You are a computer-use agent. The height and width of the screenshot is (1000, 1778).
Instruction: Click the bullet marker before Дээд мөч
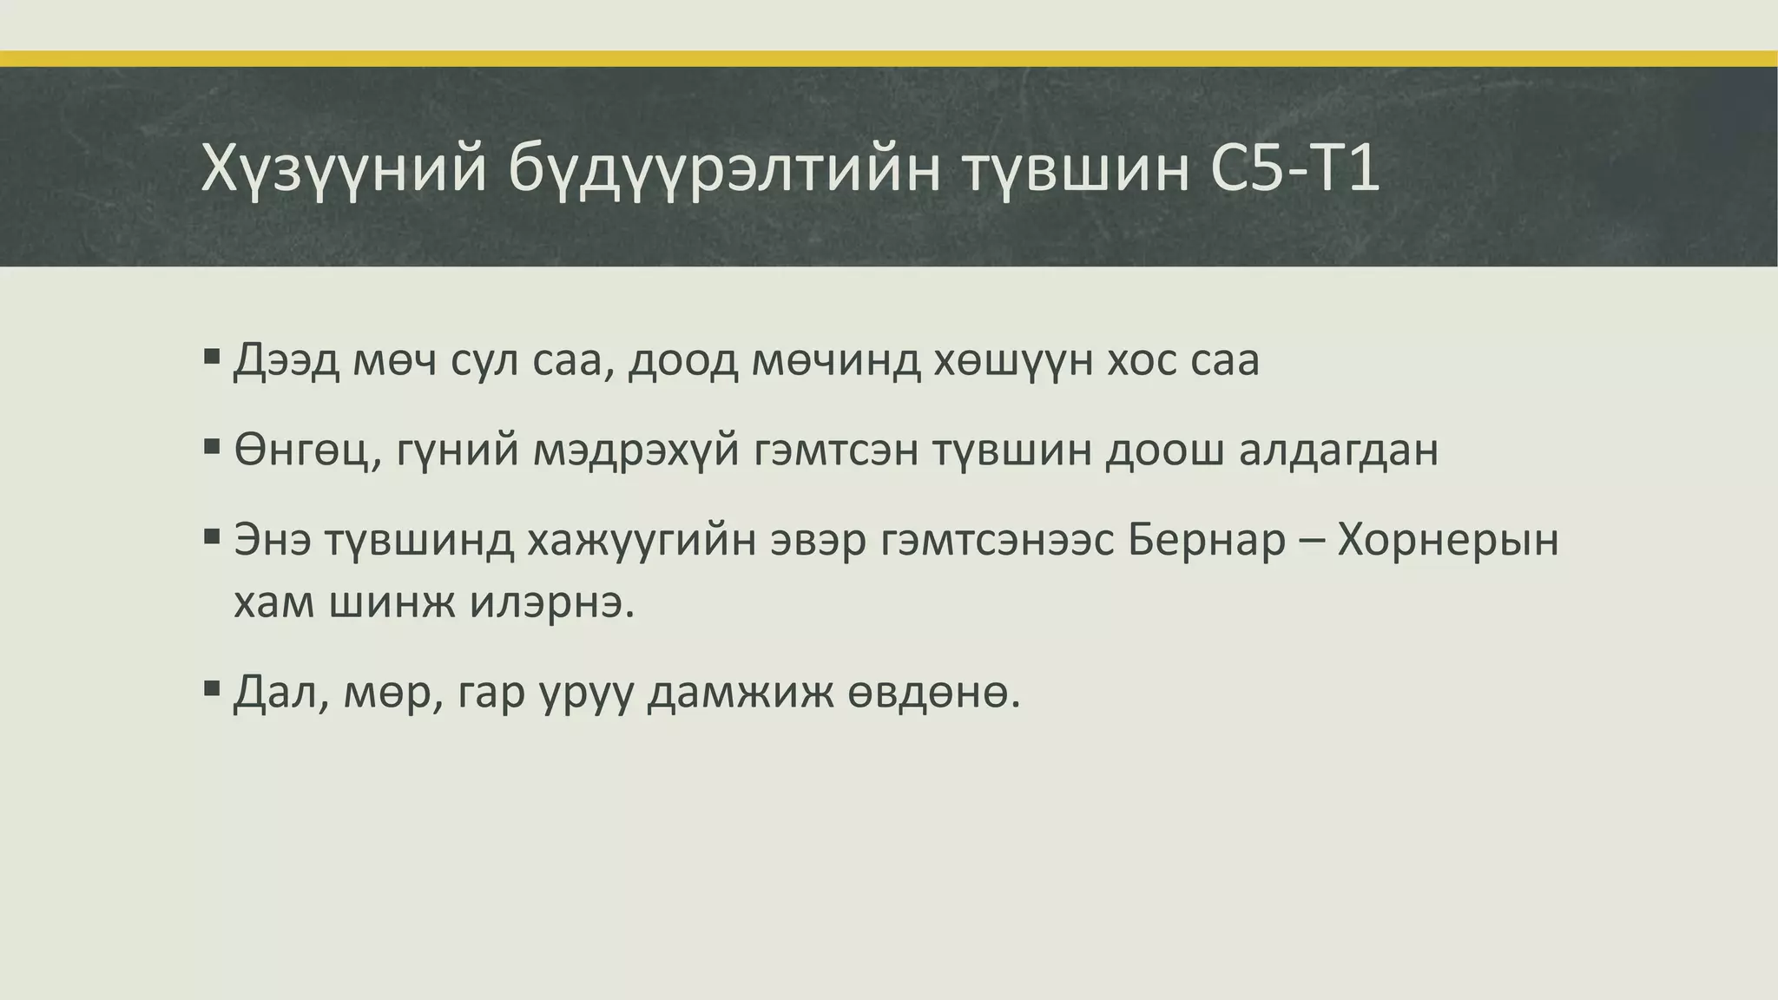[212, 356]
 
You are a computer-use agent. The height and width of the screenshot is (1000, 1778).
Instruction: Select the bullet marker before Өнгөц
[212, 447]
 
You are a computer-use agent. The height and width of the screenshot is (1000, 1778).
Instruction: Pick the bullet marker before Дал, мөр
[212, 690]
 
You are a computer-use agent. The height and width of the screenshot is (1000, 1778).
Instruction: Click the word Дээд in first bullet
[286, 360]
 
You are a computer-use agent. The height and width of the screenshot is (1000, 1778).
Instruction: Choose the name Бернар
[1207, 540]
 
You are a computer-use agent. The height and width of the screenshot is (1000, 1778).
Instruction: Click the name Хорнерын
[1448, 540]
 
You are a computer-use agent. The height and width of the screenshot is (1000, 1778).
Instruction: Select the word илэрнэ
[552, 602]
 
